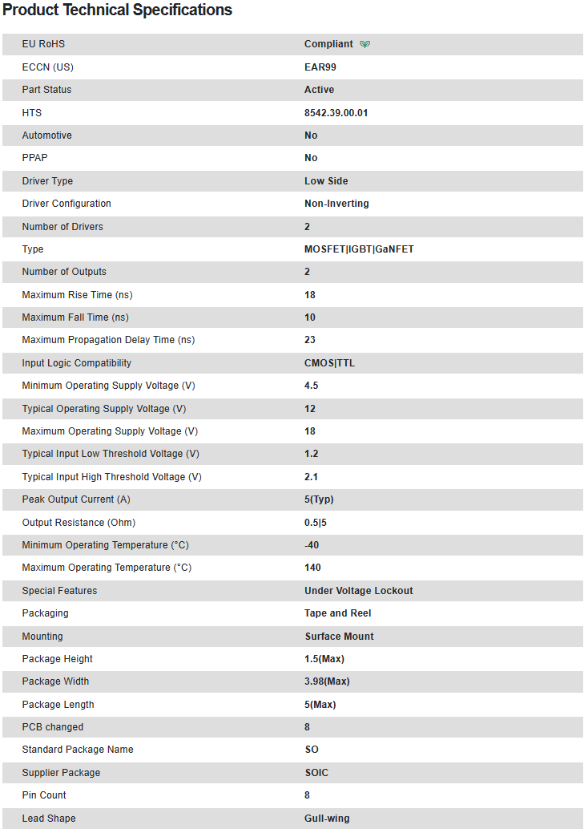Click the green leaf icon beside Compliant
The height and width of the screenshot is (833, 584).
[x=365, y=44]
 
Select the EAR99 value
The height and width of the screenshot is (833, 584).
[x=320, y=67]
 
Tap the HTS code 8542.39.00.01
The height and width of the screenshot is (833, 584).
[x=336, y=113]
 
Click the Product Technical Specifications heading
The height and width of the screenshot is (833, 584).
[x=118, y=10]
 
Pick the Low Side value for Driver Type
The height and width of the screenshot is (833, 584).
[x=326, y=181]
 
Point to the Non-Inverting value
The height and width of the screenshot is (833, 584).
[x=336, y=204]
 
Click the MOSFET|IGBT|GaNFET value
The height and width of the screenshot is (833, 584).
[x=359, y=249]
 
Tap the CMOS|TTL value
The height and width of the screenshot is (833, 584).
[x=329, y=363]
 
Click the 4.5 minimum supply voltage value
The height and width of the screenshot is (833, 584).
[x=311, y=386]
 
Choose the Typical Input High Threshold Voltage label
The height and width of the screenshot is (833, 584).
[x=111, y=477]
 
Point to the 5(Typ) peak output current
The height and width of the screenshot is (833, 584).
[x=319, y=499]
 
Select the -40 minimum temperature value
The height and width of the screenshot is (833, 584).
[x=312, y=545]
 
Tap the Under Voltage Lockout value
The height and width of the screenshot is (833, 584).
[x=358, y=591]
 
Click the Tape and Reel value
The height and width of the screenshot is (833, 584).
[x=337, y=613]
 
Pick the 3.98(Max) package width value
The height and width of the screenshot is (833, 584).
[x=327, y=681]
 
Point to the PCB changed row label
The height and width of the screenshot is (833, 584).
[x=53, y=727]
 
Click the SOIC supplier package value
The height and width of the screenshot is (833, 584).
[x=316, y=773]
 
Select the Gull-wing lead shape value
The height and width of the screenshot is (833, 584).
[x=327, y=819]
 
